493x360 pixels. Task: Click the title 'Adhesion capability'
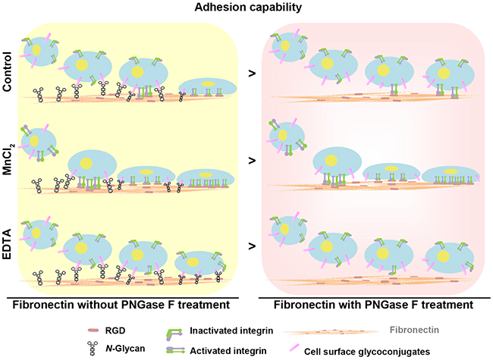coord(247,8)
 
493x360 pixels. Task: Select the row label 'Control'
coord(8,70)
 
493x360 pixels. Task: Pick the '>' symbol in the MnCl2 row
coord(252,161)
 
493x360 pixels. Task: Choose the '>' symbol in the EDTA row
coord(252,245)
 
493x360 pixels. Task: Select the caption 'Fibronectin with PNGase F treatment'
coord(371,303)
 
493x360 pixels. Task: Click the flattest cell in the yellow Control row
coord(207,86)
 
